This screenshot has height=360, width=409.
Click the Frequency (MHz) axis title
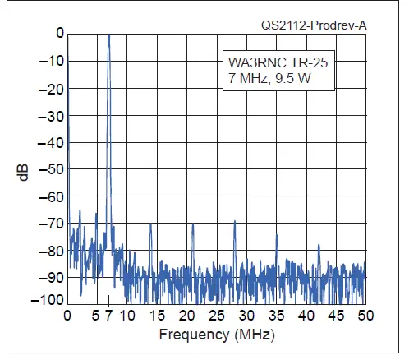tap(215, 335)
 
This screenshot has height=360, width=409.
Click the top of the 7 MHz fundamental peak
tap(108, 35)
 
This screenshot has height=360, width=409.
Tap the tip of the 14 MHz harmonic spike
tap(150, 224)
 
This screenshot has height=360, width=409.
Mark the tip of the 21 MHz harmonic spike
tap(192, 224)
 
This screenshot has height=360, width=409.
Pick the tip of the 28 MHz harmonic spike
tap(234, 219)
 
